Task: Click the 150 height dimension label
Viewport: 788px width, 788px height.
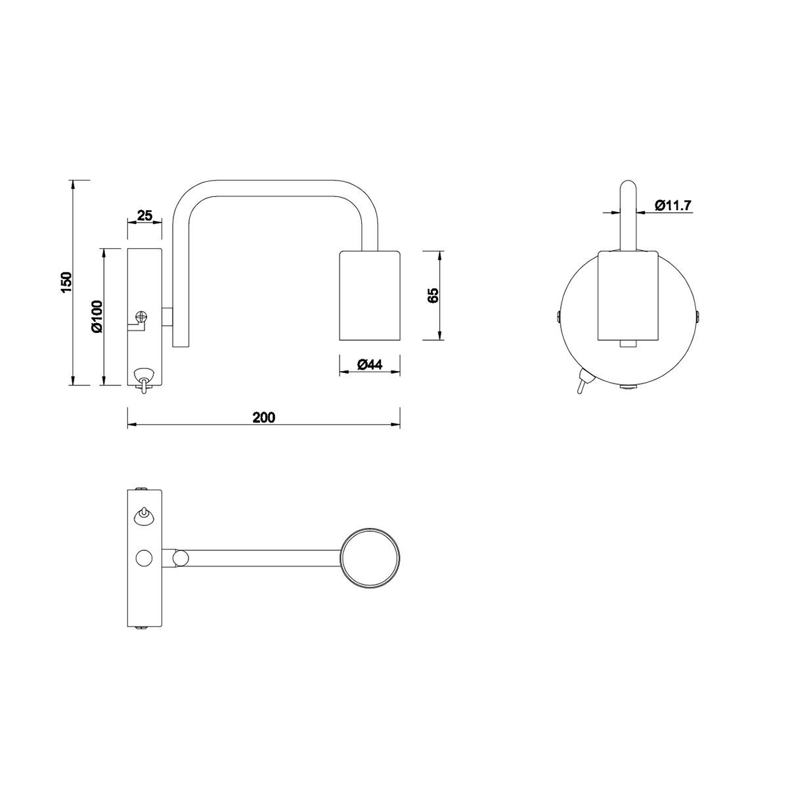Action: pos(67,282)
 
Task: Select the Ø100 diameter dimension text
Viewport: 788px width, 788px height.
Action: pos(98,316)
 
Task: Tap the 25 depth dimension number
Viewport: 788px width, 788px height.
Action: pos(144,215)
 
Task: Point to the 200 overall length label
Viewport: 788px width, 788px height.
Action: pos(264,417)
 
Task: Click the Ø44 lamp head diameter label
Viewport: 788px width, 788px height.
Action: pos(370,364)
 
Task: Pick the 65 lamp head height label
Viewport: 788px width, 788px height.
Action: pos(433,295)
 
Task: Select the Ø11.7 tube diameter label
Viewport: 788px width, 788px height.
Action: pos(672,206)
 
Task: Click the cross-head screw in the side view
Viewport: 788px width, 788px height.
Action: pos(141,317)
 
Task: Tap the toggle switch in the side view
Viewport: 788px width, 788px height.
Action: pos(144,380)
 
